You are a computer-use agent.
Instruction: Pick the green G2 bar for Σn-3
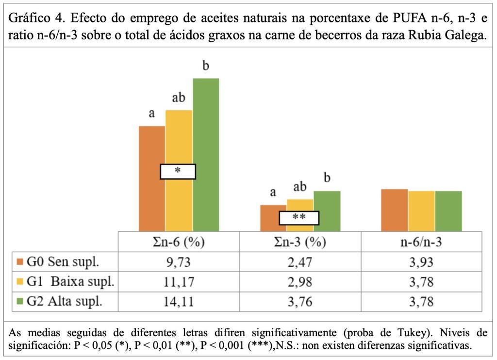click(x=327, y=211)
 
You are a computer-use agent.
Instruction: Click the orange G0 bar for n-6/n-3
click(x=394, y=210)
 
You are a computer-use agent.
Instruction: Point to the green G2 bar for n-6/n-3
click(x=448, y=211)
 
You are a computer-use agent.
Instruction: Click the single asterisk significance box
click(x=178, y=171)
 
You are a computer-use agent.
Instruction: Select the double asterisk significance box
click(x=299, y=218)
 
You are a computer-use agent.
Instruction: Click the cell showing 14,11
click(x=179, y=301)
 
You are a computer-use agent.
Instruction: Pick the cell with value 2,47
click(x=300, y=262)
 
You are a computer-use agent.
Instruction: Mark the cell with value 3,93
click(x=421, y=262)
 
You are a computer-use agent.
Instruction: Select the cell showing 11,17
click(x=179, y=282)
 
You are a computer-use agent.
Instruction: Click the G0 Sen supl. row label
click(x=63, y=262)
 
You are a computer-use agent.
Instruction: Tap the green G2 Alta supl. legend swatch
click(x=19, y=302)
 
